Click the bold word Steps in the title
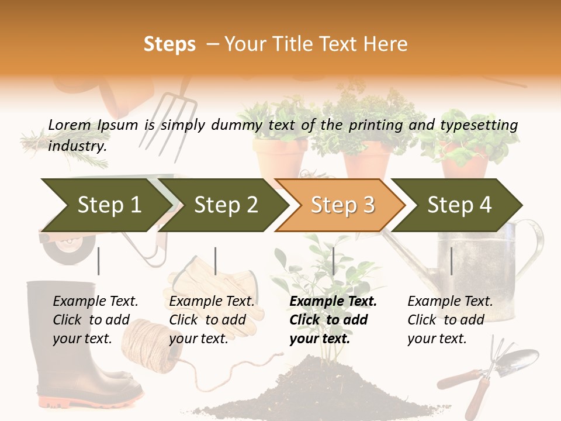pos(169,44)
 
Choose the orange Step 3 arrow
pos(342,205)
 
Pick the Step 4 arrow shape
pos(459,205)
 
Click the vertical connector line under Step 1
pos(99,261)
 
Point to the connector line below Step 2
pos(216,261)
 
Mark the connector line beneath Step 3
pos(333,261)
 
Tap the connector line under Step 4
pos(451,261)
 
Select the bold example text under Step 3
pos(332,320)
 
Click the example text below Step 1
pos(95,320)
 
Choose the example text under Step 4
pos(449,320)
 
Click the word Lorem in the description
pos(70,125)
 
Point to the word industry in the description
pos(77,146)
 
